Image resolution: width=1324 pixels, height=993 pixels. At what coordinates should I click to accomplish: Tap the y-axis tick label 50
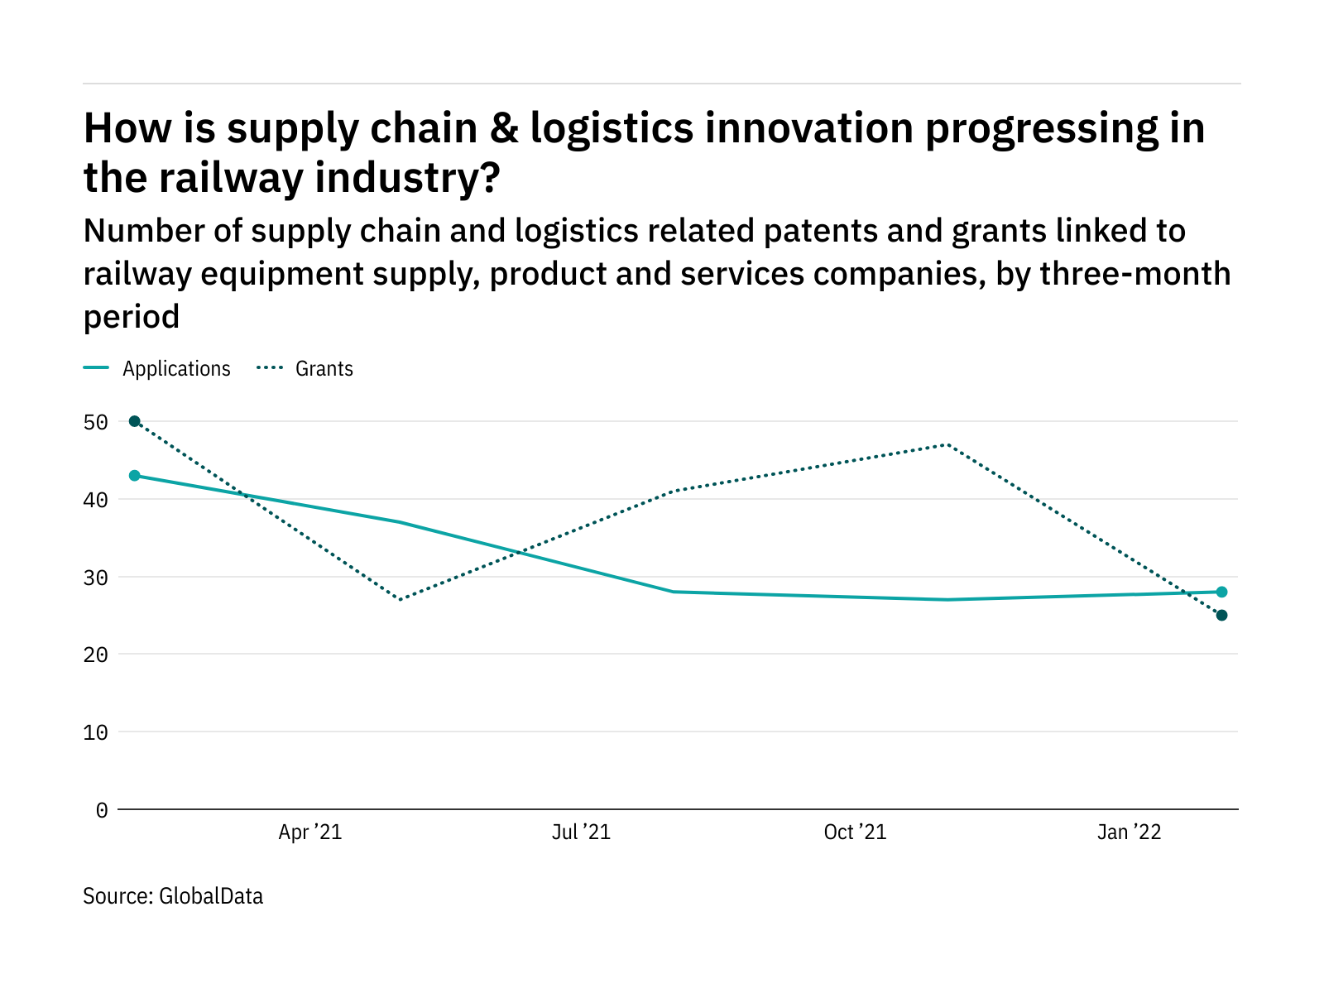(96, 423)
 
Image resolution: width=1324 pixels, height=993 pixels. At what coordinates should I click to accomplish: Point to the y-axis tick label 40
(96, 500)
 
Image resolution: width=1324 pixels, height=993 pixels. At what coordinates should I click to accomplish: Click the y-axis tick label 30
(96, 578)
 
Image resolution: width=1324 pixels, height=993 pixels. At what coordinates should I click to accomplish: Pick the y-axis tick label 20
(96, 655)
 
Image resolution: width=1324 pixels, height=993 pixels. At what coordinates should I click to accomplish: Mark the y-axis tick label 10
(96, 732)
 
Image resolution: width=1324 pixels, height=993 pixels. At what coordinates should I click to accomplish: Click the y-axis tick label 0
(102, 810)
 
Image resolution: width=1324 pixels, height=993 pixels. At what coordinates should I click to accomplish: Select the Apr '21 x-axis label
(309, 832)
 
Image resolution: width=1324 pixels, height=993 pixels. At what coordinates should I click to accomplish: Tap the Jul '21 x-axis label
(581, 832)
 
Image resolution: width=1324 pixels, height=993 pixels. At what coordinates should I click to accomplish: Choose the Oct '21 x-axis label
(855, 832)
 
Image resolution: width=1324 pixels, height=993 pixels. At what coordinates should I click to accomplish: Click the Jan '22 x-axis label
(1129, 832)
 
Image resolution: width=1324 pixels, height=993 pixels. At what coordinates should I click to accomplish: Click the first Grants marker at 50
(135, 421)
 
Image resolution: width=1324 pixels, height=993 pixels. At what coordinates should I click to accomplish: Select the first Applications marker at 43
(135, 476)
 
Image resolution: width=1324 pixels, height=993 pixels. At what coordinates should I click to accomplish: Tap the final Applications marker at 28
(1221, 592)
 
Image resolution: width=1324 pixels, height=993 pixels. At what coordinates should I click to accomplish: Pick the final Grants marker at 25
(1221, 615)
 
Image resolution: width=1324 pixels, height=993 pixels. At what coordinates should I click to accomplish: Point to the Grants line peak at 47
(947, 444)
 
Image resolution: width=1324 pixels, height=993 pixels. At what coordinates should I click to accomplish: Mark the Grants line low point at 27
(401, 599)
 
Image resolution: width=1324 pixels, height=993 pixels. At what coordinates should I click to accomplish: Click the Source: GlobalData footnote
(173, 896)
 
